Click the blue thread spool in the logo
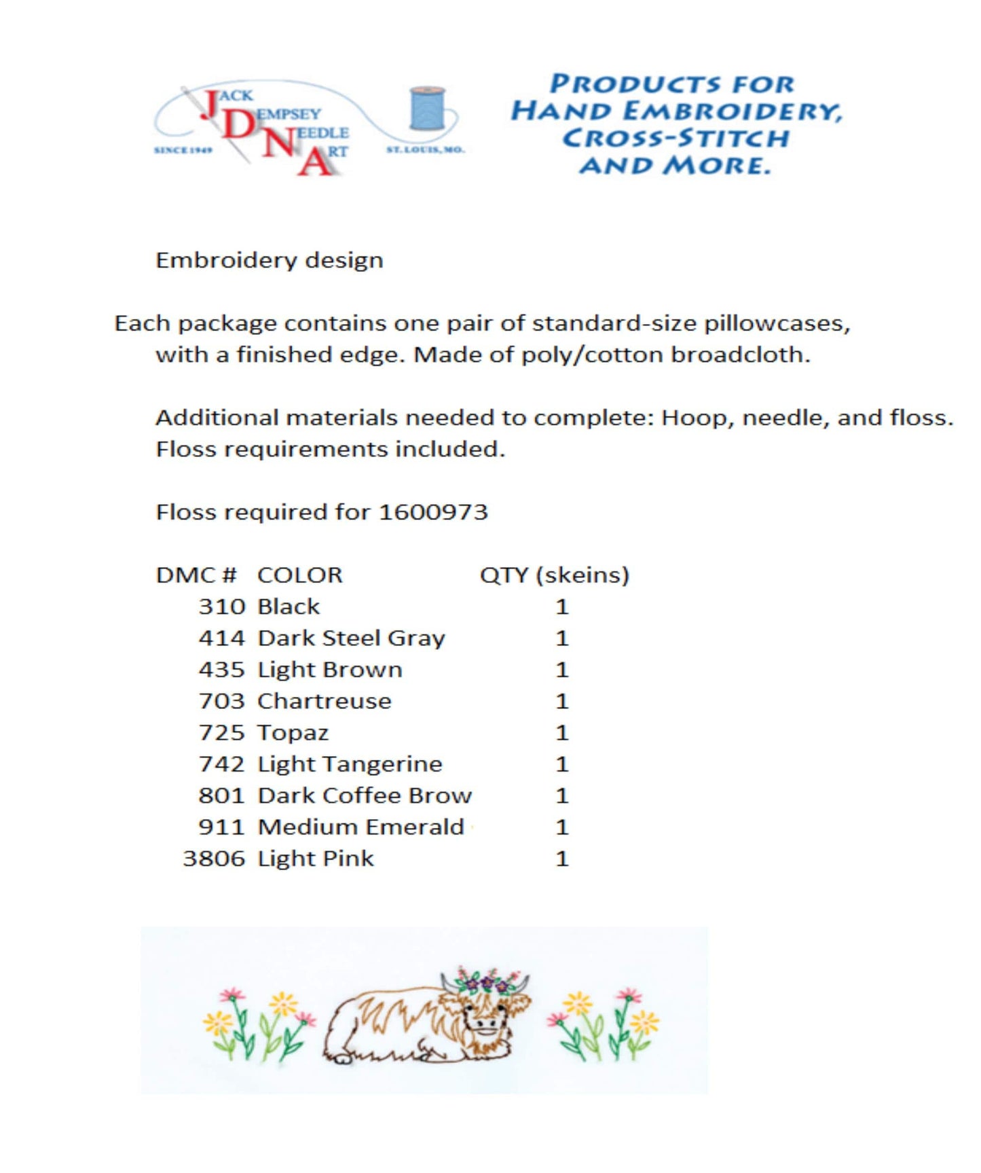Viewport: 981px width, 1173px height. click(x=427, y=108)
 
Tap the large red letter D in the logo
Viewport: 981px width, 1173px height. click(x=238, y=126)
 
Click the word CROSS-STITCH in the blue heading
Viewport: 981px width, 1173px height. click(x=675, y=139)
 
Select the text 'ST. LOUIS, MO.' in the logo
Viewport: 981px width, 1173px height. click(x=426, y=149)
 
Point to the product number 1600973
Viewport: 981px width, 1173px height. click(x=433, y=512)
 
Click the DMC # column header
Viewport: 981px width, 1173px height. click(x=196, y=575)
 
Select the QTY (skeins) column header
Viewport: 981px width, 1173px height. click(x=554, y=575)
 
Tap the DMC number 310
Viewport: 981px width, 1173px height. click(x=221, y=607)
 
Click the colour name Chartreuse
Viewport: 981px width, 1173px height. click(x=325, y=701)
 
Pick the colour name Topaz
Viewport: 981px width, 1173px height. click(x=293, y=733)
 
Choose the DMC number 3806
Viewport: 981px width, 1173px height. click(x=214, y=859)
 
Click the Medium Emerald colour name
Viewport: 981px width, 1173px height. click(x=361, y=827)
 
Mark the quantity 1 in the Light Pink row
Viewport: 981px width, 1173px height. click(x=561, y=859)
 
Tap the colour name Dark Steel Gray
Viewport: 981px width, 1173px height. click(x=352, y=638)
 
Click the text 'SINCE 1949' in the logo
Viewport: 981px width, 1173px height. click(x=183, y=150)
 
